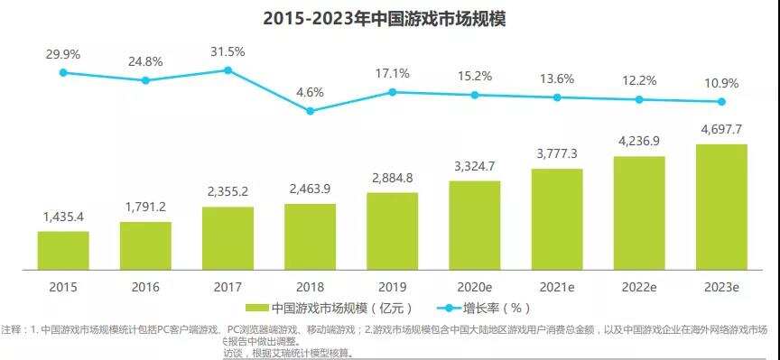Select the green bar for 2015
[x=63, y=251]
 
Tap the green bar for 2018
[x=310, y=236]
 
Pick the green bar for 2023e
[x=721, y=207]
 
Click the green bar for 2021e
[x=557, y=219]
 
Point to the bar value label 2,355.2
[x=227, y=191]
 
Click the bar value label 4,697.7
[x=721, y=129]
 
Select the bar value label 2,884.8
[x=392, y=177]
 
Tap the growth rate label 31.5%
[x=227, y=51]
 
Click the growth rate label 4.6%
[x=310, y=91]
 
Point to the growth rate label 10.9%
[x=721, y=83]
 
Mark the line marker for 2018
[x=310, y=111]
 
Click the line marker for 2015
[x=63, y=72]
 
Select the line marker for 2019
[x=392, y=92]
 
